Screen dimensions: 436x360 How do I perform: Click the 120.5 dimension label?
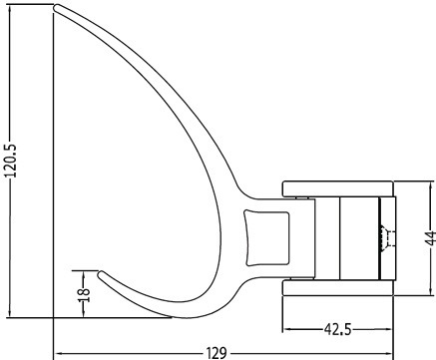click(x=10, y=161)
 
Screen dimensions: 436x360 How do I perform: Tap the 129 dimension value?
click(x=217, y=353)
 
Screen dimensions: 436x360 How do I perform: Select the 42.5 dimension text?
click(x=337, y=330)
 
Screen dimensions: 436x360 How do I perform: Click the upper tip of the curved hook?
click(x=56, y=7)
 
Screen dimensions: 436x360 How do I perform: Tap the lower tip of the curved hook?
click(x=101, y=274)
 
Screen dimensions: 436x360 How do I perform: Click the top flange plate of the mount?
click(x=338, y=188)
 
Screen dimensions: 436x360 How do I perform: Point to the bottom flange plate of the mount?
click(x=338, y=287)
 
